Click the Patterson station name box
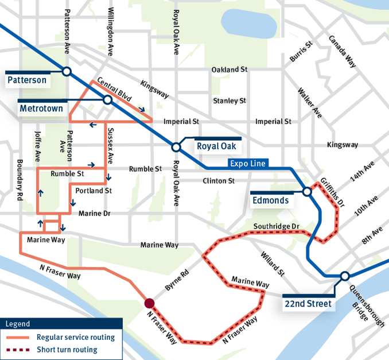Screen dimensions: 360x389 click(x=27, y=80)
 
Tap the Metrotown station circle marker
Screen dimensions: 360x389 click(x=107, y=100)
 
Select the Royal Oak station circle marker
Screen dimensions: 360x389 click(x=176, y=147)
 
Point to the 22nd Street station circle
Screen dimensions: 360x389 click(x=344, y=276)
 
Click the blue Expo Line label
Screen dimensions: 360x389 click(x=247, y=164)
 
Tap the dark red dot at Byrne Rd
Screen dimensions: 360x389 click(x=150, y=303)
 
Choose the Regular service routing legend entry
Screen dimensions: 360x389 click(x=75, y=338)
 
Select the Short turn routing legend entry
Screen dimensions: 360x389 click(x=67, y=349)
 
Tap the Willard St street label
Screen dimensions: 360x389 click(x=272, y=262)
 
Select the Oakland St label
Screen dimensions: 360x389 click(x=229, y=69)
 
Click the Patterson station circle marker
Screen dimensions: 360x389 click(x=67, y=71)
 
